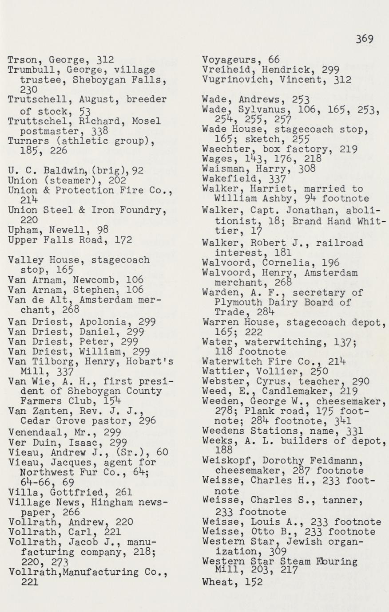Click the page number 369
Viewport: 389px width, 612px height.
(x=364, y=39)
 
